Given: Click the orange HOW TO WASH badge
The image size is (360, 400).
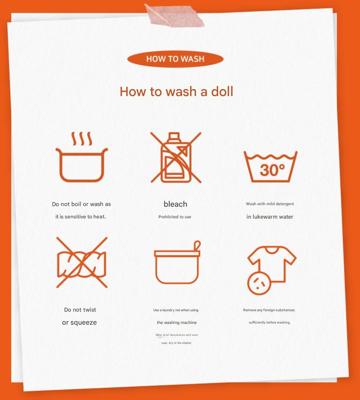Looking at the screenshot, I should coord(175,59).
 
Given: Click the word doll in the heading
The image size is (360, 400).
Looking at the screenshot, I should coord(222,92).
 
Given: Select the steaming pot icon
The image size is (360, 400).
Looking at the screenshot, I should coord(82,163).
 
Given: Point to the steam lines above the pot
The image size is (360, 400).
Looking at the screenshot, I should coord(82,139).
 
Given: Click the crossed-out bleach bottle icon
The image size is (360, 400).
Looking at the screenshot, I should coord(175,158).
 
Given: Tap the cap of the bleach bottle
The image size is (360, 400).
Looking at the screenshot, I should coord(174,136).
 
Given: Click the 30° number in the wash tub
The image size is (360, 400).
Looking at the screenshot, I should coord(272,169).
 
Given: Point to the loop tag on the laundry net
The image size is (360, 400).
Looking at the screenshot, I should coord(197,245).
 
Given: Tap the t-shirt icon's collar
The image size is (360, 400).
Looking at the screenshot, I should coord(272,250).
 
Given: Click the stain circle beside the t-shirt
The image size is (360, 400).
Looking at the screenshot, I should coord(258,284).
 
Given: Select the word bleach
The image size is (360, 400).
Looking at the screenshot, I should coord(175,204).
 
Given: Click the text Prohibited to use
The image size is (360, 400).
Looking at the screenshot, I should coord(175,217).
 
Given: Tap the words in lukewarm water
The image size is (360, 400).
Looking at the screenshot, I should coord(270,217).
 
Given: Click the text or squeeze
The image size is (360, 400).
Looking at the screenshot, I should coord(79,322).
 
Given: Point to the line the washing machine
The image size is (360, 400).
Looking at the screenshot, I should coord(177,322).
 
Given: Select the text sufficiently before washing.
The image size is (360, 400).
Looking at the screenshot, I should coord(269,322).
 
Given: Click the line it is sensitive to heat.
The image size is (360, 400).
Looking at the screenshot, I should coord(80,217).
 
